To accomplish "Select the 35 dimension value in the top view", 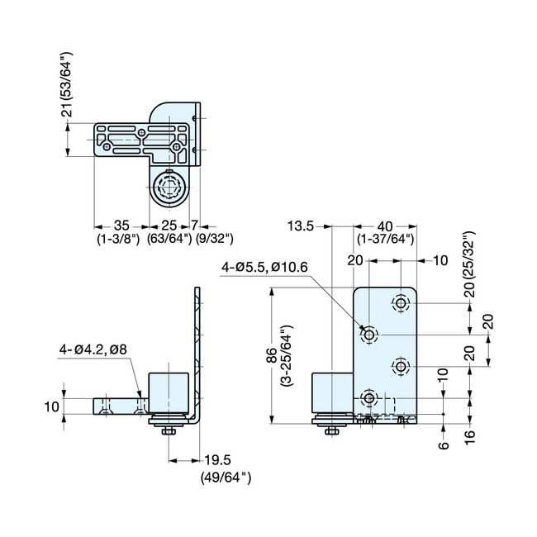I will (121, 225).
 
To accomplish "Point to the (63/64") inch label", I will (169, 239).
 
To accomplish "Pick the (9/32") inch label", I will (213, 239).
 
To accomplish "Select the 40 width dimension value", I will (386, 225).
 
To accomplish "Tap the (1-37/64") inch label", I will (386, 239).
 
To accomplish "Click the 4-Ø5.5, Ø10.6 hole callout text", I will (264, 267).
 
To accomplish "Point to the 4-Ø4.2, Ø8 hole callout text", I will (93, 350).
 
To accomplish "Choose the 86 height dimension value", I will (271, 356).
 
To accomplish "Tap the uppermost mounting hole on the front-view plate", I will (402, 304).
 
